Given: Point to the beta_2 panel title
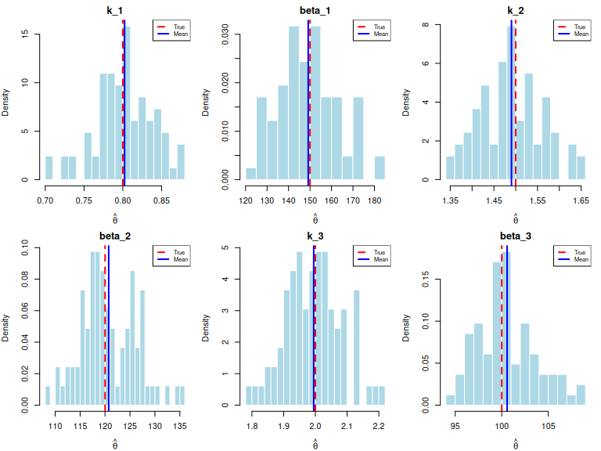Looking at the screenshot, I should coord(115,234).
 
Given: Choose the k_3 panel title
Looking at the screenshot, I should coord(315,234).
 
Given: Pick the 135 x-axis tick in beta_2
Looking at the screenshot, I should coord(179,427).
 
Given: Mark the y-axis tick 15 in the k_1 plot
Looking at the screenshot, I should coord(26,34).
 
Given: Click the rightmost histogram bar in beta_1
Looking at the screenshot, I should coord(380,168).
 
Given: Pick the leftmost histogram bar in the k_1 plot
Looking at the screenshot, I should coord(49,168).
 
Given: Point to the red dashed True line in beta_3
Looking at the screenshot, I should coord(502,329).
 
